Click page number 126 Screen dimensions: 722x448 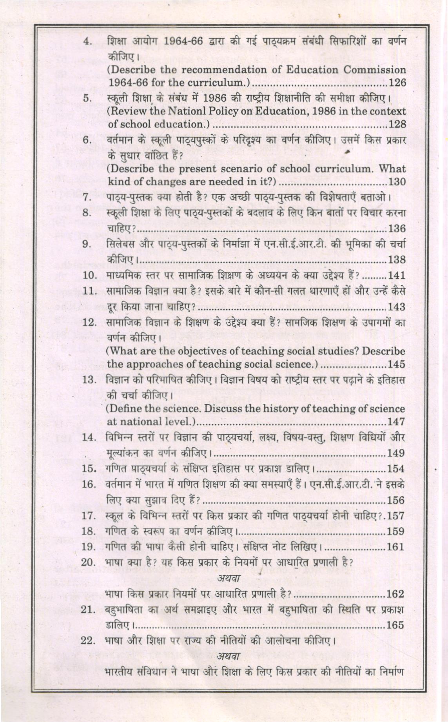[x=397, y=83]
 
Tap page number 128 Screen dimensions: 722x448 [x=397, y=125]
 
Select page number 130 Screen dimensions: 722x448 [x=397, y=182]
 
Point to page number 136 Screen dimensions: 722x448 [x=397, y=229]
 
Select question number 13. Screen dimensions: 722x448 [x=90, y=380]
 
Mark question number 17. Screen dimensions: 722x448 [x=90, y=516]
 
